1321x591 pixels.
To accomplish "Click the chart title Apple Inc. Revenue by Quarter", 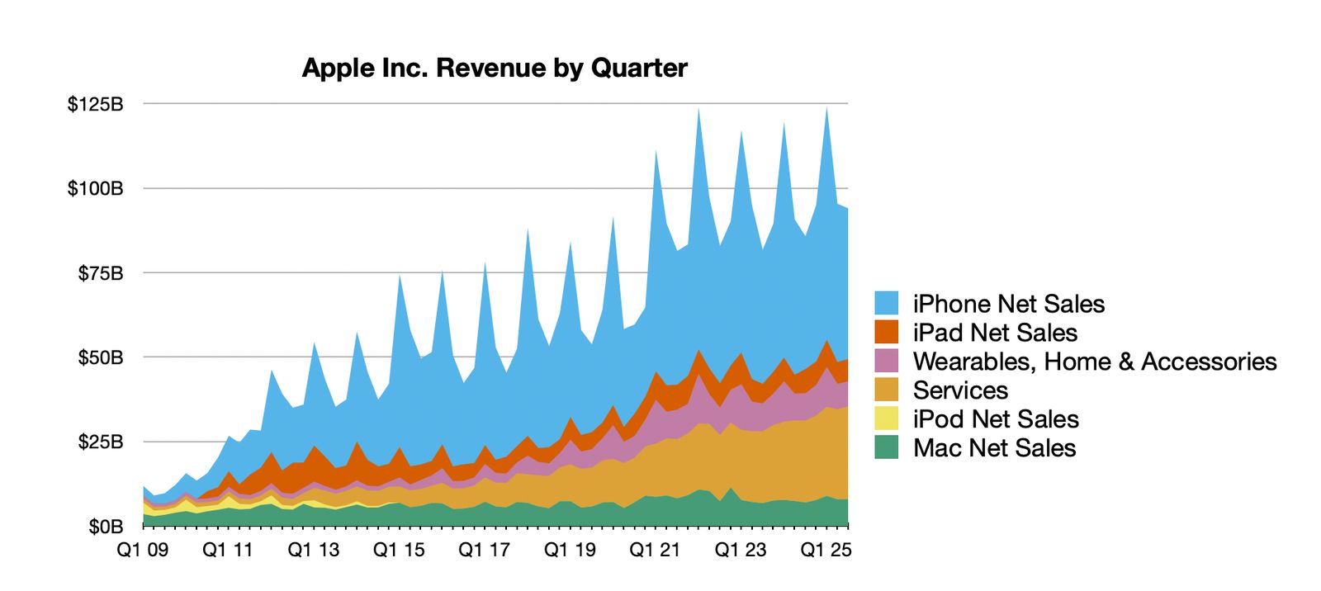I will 494,68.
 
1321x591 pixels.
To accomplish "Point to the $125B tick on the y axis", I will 95,104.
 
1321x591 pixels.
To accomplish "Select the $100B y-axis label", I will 95,188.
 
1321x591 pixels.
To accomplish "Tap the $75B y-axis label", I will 100,273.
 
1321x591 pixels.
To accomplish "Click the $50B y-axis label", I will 100,357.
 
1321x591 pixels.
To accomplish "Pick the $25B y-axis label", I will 100,442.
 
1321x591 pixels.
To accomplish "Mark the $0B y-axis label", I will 106,527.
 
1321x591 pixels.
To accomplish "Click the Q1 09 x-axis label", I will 142,550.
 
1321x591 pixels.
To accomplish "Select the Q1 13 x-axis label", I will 313,550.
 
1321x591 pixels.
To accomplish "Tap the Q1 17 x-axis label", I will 484,550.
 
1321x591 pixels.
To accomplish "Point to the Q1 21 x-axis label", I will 655,550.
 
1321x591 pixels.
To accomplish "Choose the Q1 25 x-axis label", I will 826,550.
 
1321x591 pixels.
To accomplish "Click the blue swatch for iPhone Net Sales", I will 886,303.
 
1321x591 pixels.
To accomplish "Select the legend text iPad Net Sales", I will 995,333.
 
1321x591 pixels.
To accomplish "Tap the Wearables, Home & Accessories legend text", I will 1094,362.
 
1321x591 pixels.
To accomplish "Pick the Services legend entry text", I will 960,390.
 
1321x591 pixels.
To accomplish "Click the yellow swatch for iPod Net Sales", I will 886,418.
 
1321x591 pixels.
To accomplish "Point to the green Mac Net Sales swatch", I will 886,447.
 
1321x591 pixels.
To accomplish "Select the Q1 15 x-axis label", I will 399,550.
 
